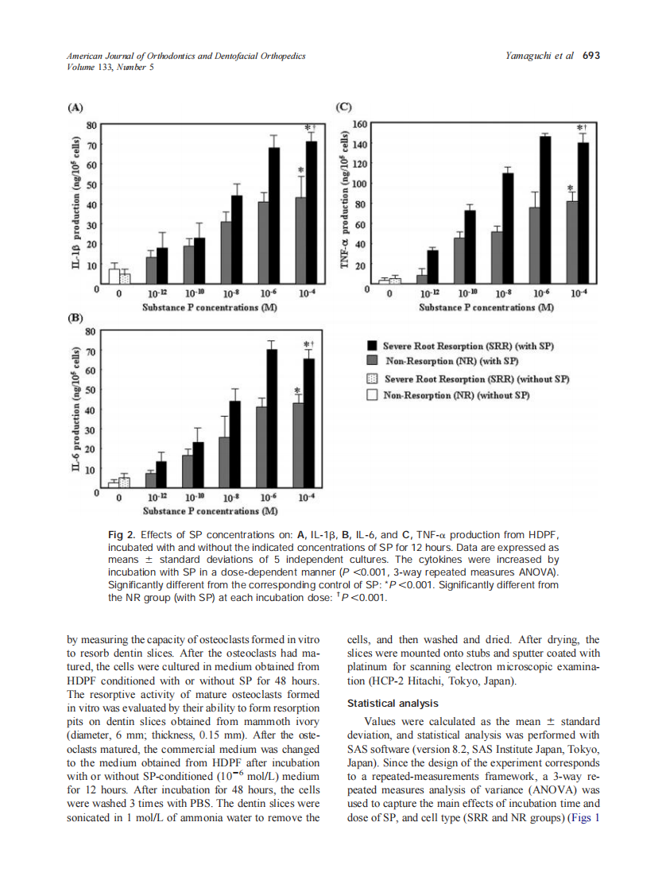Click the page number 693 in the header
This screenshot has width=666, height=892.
[x=590, y=56]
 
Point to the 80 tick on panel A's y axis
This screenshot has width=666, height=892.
[x=91, y=125]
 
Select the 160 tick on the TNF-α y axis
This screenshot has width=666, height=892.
[x=359, y=125]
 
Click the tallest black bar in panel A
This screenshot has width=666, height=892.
[x=312, y=211]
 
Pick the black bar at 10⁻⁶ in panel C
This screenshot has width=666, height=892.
[x=546, y=210]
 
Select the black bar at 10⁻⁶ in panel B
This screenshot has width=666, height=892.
[x=272, y=417]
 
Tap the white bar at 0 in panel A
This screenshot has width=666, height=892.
[x=114, y=276]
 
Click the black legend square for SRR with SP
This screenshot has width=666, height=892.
[x=371, y=346]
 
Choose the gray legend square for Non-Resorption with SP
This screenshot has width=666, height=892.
[x=371, y=362]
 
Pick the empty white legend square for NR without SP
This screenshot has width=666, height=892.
[x=371, y=395]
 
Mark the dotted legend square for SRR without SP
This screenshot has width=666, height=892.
[x=371, y=378]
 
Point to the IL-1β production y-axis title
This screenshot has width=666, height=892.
[x=76, y=204]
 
